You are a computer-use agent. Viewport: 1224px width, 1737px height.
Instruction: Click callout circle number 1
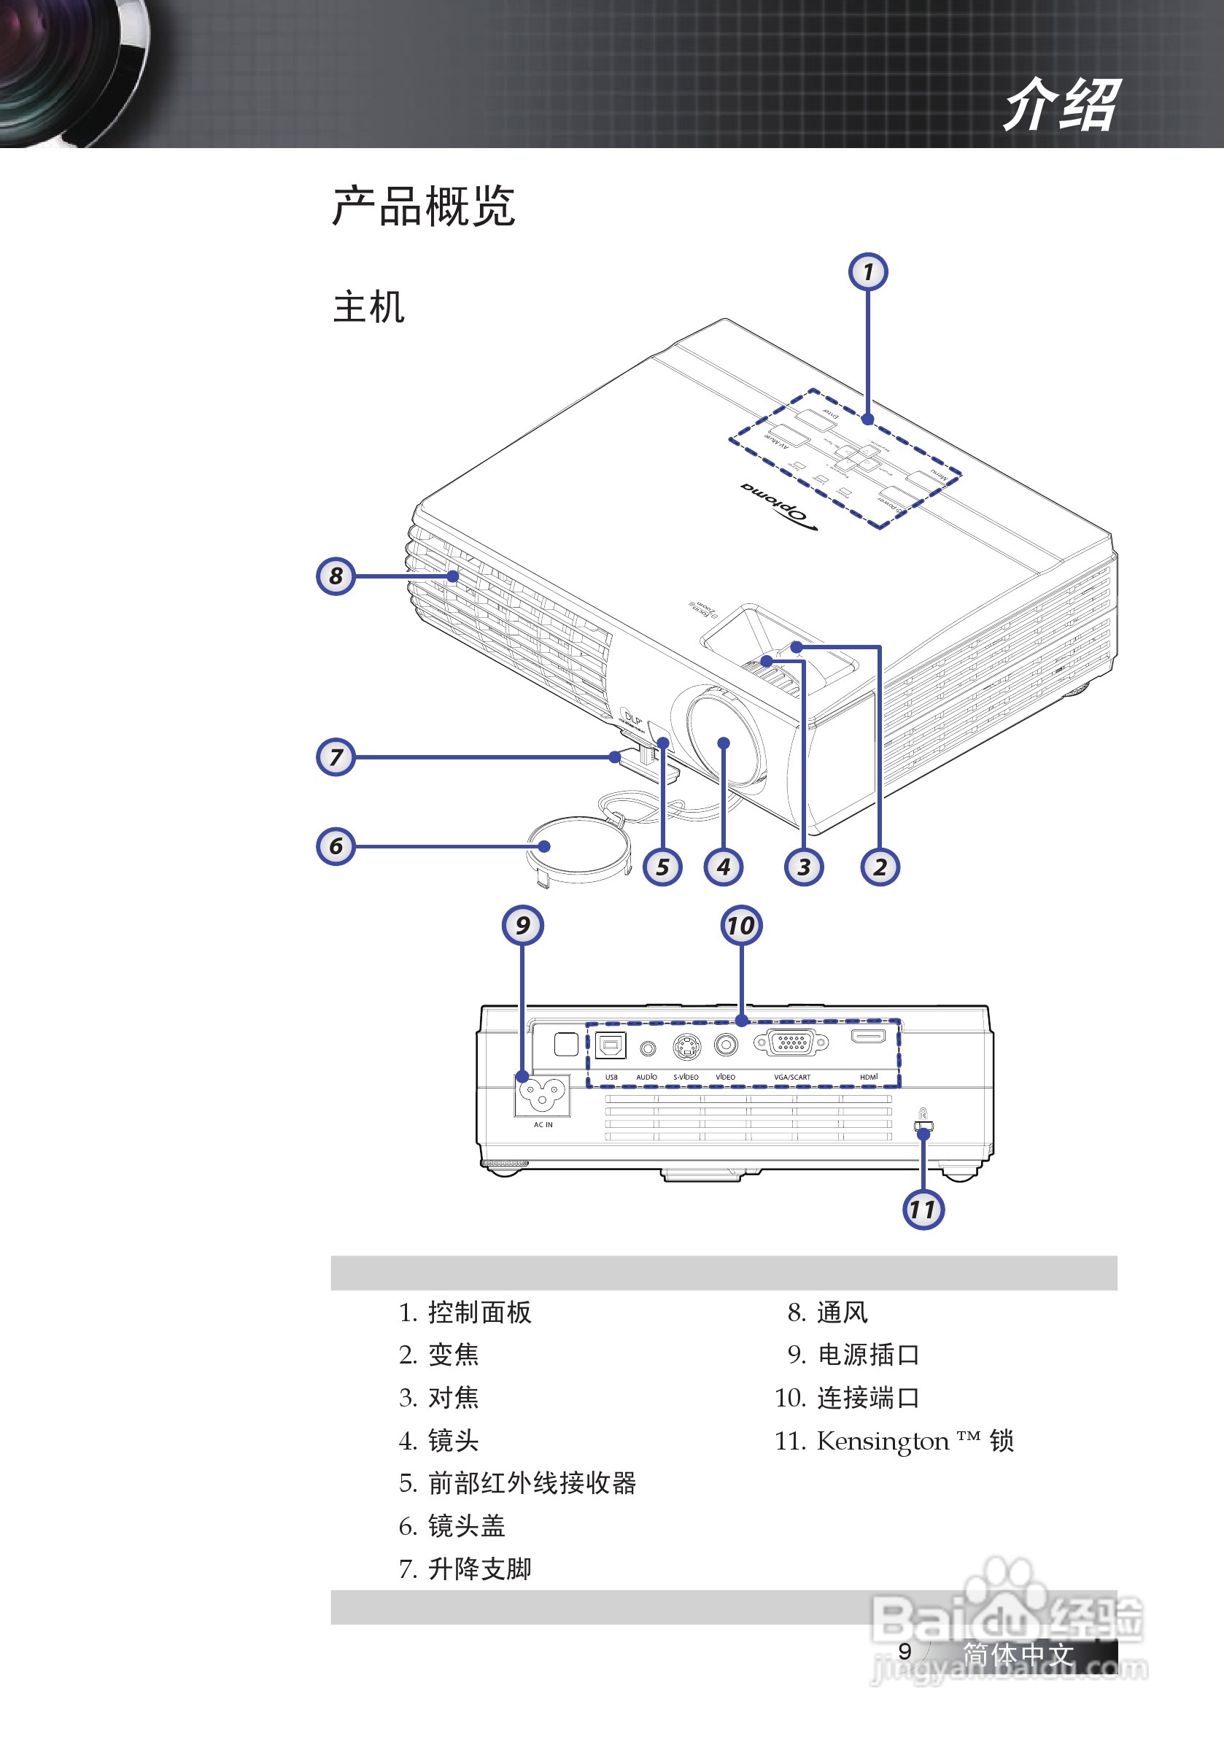[x=868, y=271]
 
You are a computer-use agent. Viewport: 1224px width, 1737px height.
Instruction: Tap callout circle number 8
[x=336, y=576]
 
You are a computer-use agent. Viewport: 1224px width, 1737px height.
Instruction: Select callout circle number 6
[x=336, y=846]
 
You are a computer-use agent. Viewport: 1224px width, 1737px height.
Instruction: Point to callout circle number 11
[x=923, y=1209]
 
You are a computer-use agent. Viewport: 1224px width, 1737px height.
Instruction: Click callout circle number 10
[x=741, y=924]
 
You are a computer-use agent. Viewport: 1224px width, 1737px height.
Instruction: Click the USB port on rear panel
[x=611, y=1045]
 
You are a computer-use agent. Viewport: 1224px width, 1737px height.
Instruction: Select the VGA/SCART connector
[x=791, y=1043]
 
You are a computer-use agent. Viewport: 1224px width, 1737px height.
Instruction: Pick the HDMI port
[x=869, y=1036]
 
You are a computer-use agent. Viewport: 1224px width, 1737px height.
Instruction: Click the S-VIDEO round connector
[x=686, y=1047]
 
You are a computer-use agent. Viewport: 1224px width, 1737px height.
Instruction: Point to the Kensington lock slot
[x=923, y=1126]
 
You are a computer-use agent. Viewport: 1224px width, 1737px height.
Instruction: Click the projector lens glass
[x=722, y=742]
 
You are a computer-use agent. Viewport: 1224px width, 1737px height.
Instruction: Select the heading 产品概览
[x=424, y=206]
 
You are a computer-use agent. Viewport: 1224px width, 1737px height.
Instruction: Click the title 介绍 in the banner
[x=1061, y=105]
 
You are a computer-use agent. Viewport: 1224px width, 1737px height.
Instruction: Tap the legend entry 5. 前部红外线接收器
[x=518, y=1484]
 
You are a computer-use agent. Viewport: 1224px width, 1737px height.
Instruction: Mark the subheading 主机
[x=368, y=307]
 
